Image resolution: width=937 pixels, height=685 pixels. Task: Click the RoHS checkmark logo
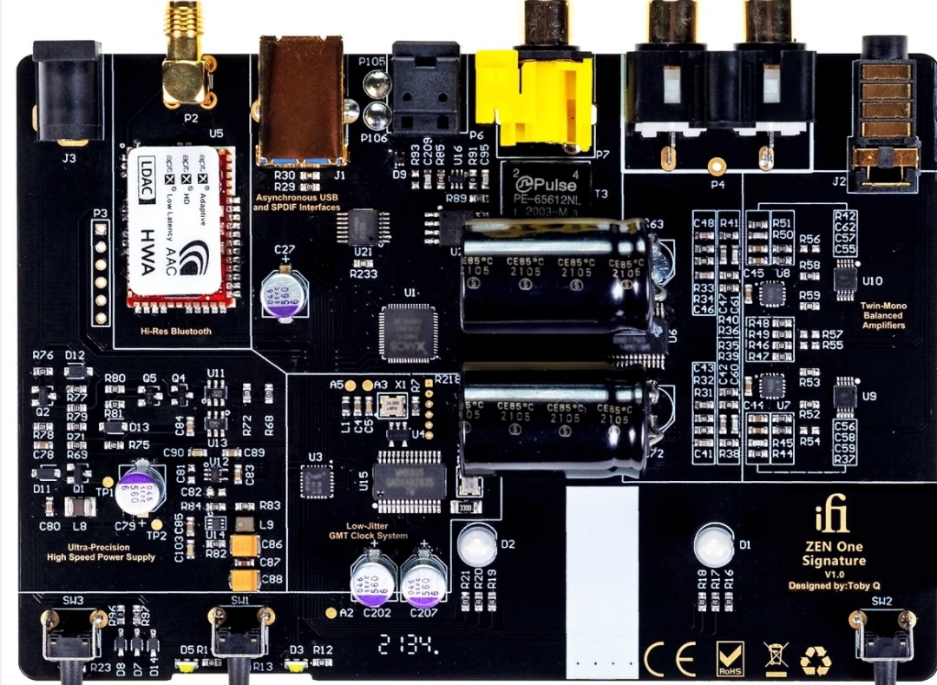(729, 658)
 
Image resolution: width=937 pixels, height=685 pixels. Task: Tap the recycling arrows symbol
(816, 659)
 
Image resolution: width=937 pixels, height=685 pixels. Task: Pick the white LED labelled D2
(476, 545)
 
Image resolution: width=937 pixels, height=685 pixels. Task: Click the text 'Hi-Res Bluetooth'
(176, 331)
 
